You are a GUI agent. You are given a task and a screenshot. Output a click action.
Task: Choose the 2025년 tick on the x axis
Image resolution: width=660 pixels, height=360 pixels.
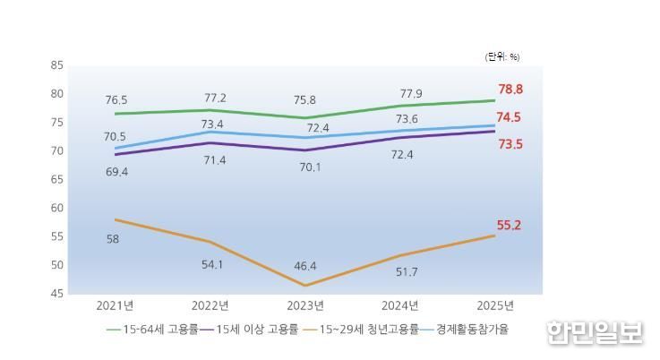pos(496,304)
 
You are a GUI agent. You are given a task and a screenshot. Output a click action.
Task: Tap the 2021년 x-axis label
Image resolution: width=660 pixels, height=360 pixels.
pos(115,304)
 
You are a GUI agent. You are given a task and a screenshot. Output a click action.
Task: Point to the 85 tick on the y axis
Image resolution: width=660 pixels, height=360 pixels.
pos(57,65)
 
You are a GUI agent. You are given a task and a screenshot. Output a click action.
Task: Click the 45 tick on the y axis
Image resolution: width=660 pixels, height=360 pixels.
pos(57,294)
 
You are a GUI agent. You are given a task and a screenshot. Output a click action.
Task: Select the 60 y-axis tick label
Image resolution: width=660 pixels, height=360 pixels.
pos(57,208)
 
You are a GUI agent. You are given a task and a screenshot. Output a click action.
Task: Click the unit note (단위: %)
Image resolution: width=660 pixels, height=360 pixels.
pos(502,56)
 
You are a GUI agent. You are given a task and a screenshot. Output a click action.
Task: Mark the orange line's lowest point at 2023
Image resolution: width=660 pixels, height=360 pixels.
pos(306,286)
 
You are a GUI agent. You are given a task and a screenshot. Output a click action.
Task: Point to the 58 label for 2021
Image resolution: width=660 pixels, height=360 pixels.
pos(113,239)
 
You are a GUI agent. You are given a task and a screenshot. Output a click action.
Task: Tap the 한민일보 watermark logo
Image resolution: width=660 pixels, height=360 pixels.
pos(596,332)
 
